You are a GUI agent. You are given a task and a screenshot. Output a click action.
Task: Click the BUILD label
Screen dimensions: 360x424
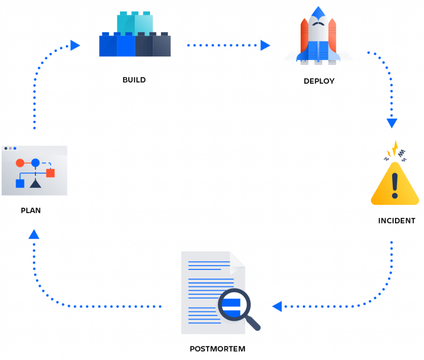[x=134, y=80]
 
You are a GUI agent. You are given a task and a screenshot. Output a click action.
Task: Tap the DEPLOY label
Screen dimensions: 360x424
[x=319, y=81]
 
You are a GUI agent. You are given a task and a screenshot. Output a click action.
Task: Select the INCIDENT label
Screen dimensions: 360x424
[x=396, y=221]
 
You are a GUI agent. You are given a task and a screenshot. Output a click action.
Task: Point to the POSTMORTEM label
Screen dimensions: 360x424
[x=217, y=349]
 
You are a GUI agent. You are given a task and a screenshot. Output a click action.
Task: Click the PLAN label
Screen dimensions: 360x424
[x=31, y=211]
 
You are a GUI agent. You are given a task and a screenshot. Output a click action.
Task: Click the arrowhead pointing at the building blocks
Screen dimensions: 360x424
[x=75, y=45]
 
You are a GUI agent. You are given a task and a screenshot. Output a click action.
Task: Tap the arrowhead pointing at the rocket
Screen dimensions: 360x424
[x=265, y=45]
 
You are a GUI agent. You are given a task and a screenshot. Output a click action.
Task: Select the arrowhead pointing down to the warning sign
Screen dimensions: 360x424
[x=392, y=123]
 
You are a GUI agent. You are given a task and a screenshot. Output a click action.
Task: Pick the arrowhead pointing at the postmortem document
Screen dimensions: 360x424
[x=277, y=306]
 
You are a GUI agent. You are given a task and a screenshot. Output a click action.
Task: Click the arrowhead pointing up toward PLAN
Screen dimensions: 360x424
[x=34, y=235]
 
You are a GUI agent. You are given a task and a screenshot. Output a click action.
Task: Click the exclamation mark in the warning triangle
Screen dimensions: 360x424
[x=395, y=185]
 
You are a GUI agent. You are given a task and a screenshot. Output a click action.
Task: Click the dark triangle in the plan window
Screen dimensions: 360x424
[x=35, y=183]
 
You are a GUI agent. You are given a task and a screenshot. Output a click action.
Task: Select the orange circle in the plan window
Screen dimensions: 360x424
[x=20, y=163]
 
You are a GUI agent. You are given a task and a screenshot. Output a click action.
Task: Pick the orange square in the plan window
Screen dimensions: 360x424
[x=50, y=173]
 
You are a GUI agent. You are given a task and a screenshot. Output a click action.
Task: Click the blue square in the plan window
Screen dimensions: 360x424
[x=20, y=183]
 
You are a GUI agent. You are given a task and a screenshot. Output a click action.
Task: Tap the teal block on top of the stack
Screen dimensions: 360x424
[x=135, y=23]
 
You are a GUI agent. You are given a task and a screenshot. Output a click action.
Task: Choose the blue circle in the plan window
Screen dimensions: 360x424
[x=35, y=163]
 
